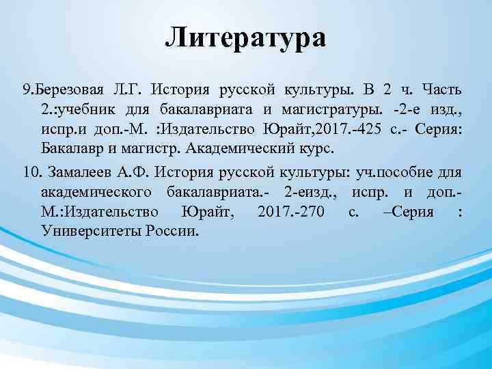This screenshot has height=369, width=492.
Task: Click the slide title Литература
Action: [x=245, y=36]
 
